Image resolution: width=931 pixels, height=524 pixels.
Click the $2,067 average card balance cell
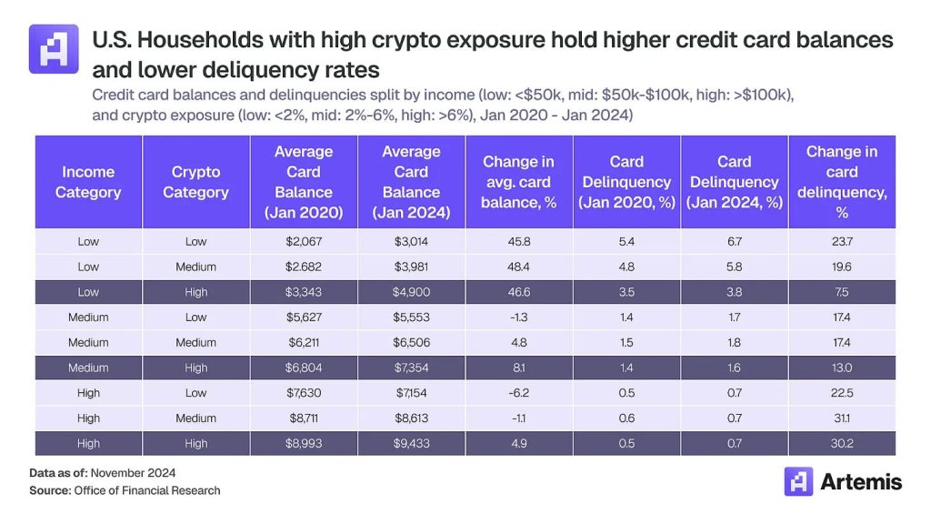304,241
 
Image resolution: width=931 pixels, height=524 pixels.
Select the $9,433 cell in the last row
411,443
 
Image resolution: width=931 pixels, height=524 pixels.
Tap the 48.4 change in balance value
519,267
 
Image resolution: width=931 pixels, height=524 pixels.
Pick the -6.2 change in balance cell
519,393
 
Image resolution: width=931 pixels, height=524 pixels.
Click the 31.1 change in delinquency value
842,418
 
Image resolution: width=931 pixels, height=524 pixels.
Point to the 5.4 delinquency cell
626,241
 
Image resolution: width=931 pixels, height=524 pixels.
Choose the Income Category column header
88,182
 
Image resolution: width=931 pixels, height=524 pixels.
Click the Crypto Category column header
195,182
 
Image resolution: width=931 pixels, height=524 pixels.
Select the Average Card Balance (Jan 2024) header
411,182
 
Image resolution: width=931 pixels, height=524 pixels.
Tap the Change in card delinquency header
842,182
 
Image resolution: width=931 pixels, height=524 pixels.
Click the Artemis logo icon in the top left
54,49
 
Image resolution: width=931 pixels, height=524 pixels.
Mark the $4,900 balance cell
411,292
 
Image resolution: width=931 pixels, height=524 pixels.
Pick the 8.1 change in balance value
519,368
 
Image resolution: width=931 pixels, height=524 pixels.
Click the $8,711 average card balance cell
304,418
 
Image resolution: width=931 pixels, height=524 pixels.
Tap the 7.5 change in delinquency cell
842,292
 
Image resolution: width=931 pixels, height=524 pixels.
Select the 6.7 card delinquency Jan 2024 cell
735,241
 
